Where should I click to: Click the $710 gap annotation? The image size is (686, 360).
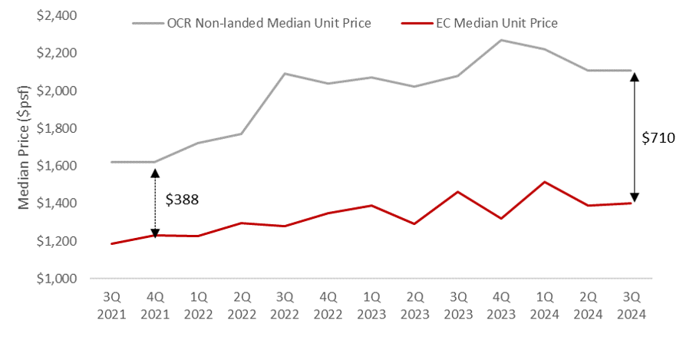658,139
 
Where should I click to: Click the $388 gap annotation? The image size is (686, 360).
182,200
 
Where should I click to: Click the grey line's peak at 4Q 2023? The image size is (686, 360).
502,40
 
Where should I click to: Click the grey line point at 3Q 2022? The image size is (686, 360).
285,74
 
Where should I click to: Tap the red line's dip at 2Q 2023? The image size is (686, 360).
415,223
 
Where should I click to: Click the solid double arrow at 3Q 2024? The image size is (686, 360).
635,136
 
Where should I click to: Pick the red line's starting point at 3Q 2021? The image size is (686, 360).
112,243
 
